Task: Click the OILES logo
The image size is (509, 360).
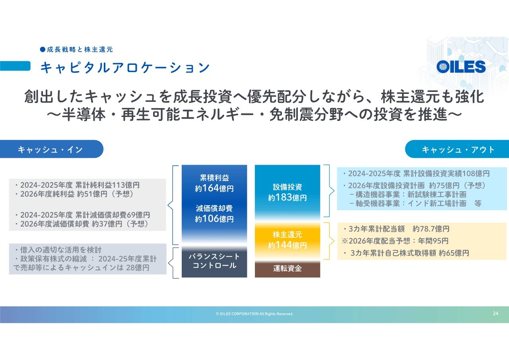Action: click(461, 66)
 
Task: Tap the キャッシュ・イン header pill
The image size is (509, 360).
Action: click(52, 149)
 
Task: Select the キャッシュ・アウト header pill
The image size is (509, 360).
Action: click(457, 149)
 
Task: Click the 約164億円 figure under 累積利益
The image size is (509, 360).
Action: click(214, 188)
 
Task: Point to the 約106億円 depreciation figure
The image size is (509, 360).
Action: click(214, 219)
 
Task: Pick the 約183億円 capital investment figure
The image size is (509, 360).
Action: click(288, 197)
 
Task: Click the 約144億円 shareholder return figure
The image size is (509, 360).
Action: click(288, 245)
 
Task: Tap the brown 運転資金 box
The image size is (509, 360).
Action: click(288, 269)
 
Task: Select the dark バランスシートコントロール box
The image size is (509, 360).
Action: click(214, 262)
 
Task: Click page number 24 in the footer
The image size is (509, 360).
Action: click(495, 313)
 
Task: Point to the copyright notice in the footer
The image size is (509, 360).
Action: click(254, 314)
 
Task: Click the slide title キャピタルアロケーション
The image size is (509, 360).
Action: click(125, 68)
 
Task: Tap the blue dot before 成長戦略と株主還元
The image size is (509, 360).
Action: click(43, 49)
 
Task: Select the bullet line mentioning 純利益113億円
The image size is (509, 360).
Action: click(77, 185)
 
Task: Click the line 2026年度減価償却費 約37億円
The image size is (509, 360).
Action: click(82, 224)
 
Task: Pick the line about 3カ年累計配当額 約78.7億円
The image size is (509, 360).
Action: click(396, 229)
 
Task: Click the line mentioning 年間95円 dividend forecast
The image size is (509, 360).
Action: click(395, 241)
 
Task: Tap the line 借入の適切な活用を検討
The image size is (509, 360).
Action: click(58, 250)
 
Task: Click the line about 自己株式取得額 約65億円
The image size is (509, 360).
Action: click(406, 253)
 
